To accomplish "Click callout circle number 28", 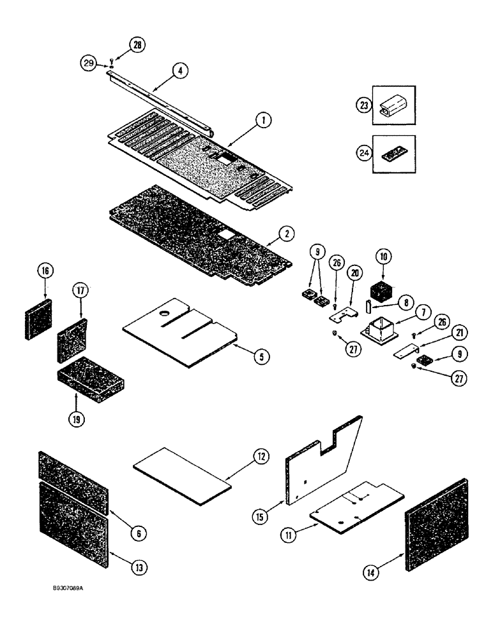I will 137,45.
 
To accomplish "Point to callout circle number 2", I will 289,234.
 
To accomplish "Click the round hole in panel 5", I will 165,315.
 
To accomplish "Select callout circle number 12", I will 259,457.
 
